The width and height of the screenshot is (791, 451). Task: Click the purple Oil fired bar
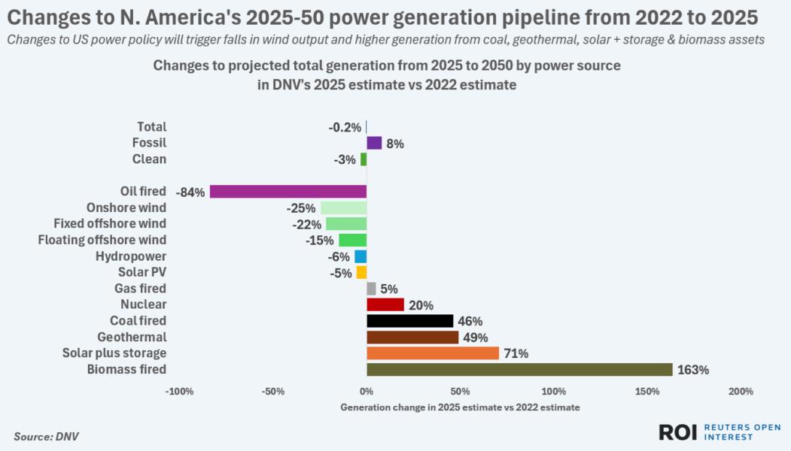click(288, 192)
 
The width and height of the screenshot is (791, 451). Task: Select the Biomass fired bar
click(519, 370)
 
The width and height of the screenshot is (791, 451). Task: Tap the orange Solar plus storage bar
click(433, 353)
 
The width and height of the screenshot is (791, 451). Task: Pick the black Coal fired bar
click(410, 321)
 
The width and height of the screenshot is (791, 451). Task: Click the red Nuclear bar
click(385, 304)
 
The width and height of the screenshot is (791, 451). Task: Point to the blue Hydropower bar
click(361, 256)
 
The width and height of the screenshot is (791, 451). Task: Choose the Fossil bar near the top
click(374, 143)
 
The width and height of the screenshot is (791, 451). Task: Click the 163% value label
click(693, 370)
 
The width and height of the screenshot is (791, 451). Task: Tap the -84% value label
click(190, 192)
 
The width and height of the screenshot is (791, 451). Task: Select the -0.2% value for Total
click(345, 127)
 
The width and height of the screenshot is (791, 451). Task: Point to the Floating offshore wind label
click(102, 240)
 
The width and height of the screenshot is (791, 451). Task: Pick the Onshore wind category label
click(127, 207)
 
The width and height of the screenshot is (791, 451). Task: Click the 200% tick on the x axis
click(741, 392)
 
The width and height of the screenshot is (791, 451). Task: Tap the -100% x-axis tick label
click(180, 392)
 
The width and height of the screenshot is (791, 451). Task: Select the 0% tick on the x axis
click(367, 392)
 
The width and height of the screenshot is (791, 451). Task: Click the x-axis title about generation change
click(460, 407)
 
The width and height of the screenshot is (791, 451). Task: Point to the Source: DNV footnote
click(46, 436)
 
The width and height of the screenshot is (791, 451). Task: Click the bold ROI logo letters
click(678, 431)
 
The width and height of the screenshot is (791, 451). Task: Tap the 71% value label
click(516, 353)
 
